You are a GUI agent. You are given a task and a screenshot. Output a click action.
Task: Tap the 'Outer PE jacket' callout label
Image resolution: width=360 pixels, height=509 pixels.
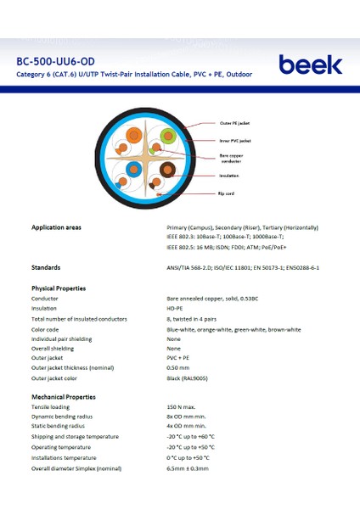pos(235,124)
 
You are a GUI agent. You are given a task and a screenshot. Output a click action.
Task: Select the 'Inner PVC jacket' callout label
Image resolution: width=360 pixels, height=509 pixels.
pos(235,140)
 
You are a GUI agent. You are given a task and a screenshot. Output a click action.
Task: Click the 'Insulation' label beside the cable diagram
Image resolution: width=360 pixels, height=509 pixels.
pos(229,176)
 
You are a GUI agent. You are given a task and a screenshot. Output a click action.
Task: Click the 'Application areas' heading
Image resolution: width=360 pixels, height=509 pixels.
pos(56,228)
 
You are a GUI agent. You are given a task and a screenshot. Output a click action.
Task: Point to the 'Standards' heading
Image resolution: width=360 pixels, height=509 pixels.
pos(45,267)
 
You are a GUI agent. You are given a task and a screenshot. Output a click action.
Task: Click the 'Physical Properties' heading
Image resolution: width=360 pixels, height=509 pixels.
pos(59,288)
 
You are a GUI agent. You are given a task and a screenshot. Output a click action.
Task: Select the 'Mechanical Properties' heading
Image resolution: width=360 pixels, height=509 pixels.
pos(64,397)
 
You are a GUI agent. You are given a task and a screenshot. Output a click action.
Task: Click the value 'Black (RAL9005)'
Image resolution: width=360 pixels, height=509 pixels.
pos(192,378)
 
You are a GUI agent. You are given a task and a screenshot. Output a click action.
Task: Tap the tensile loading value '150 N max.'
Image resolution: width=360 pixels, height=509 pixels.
pos(182,408)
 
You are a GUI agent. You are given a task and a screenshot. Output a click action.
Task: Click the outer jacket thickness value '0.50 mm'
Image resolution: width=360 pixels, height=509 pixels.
pos(178,368)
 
